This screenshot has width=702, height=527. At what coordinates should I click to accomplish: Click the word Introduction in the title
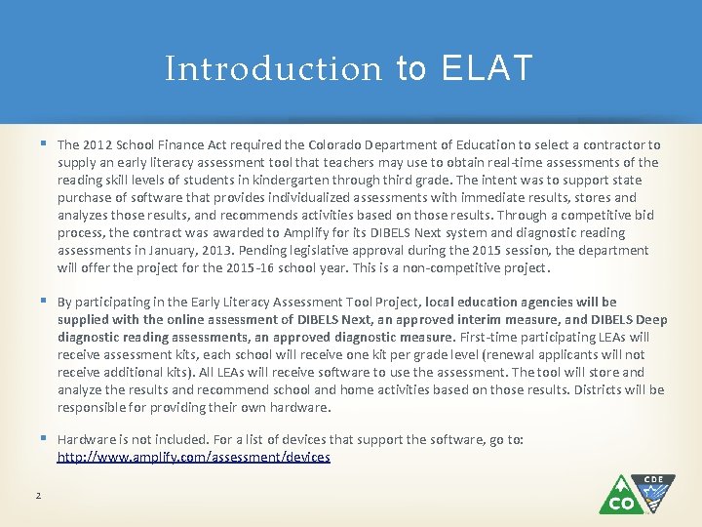pos(273,69)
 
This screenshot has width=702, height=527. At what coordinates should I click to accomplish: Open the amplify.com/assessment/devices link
pos(193,457)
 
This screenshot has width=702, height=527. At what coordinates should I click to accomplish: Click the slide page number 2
pos(38,497)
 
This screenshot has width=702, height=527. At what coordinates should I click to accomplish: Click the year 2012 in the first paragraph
pos(100,144)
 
